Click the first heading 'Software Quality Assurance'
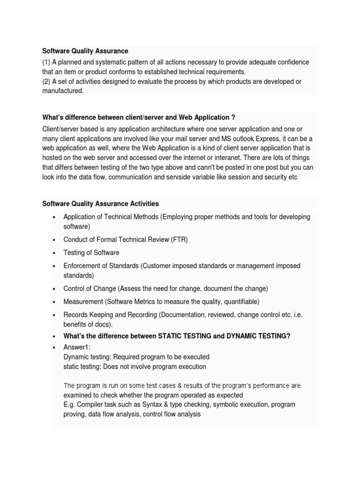85,51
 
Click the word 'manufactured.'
63,91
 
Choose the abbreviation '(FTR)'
178,240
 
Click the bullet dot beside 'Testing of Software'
54,253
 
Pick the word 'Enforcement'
81,266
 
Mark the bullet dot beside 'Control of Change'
54,289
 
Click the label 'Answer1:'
77,347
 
